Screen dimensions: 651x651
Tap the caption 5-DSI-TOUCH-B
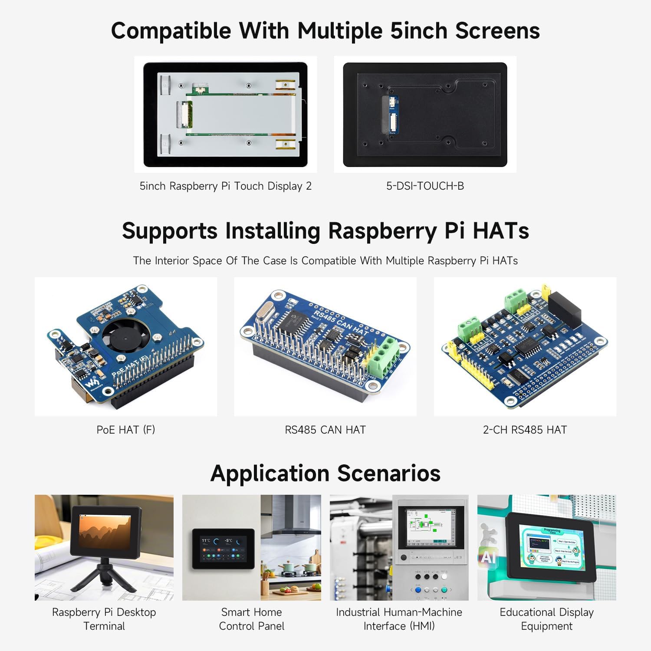[425, 186]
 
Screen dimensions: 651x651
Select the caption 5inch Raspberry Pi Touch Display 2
[225, 186]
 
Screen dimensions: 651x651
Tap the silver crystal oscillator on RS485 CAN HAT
[264, 313]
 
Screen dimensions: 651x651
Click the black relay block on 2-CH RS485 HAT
[564, 309]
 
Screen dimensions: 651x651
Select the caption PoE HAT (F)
[125, 430]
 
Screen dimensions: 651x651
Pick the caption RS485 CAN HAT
[325, 430]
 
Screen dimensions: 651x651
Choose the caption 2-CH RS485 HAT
[525, 430]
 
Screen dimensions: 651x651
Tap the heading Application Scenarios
[325, 473]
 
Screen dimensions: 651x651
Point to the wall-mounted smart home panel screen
[217, 549]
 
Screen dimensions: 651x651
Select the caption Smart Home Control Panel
[252, 619]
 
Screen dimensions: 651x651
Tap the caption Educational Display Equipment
[546, 619]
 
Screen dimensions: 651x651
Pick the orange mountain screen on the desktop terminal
[105, 531]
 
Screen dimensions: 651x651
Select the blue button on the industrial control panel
[418, 590]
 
